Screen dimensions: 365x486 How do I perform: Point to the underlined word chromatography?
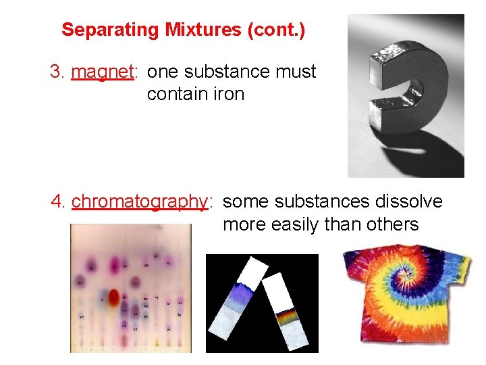[139, 201]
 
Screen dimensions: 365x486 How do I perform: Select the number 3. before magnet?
[57, 72]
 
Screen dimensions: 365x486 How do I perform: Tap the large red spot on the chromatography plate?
[113, 296]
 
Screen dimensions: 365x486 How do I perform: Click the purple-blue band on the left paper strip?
[238, 292]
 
